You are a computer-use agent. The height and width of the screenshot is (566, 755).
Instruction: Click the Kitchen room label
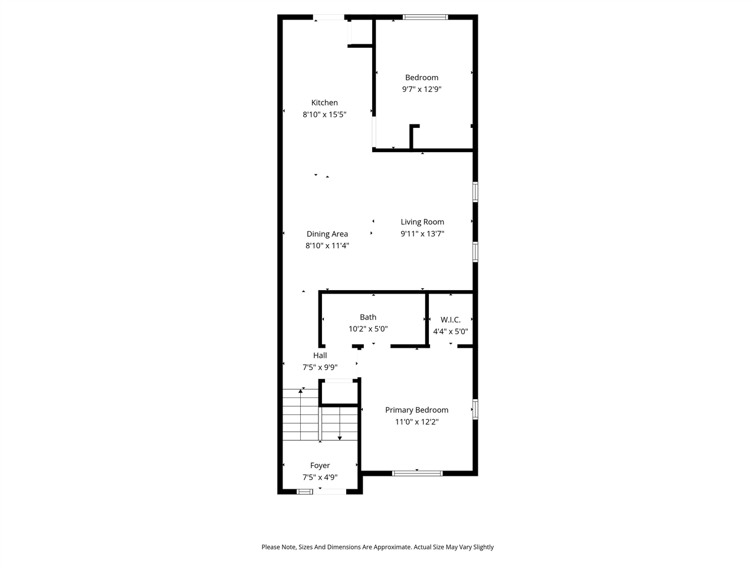tap(324, 103)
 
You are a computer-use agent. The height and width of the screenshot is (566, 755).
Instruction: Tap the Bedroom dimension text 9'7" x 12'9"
tap(422, 90)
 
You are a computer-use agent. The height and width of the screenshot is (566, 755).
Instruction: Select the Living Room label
tap(422, 222)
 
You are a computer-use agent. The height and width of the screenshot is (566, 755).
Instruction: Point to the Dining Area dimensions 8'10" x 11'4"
tap(327, 246)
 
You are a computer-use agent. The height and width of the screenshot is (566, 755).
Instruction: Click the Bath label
tap(368, 317)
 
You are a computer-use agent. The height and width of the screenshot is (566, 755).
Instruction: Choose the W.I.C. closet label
tap(451, 320)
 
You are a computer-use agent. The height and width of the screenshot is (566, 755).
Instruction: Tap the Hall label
tap(320, 356)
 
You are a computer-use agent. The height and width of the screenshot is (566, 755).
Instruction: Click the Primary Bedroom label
tap(416, 410)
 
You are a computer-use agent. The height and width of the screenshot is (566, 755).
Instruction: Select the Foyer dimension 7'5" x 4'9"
tap(320, 478)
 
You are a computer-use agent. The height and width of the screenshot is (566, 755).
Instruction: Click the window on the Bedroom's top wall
tap(425, 17)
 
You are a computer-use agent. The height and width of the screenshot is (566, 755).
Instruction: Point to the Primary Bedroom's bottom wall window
tap(418, 473)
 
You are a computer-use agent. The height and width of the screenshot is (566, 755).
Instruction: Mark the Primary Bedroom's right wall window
tap(475, 409)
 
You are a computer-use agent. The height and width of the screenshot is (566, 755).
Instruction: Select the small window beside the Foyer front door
tap(305, 491)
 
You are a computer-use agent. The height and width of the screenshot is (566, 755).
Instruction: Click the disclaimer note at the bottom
tap(377, 547)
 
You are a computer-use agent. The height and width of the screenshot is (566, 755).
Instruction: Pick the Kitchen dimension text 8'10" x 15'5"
tap(324, 115)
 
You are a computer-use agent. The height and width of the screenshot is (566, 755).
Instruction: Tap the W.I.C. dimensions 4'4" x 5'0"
tap(451, 331)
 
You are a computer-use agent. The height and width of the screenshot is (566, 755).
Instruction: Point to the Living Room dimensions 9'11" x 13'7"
tap(422, 233)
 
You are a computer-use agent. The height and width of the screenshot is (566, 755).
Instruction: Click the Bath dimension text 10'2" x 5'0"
tap(368, 329)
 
